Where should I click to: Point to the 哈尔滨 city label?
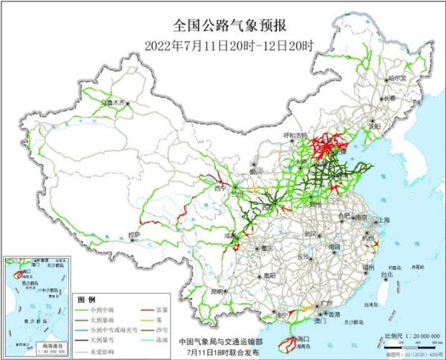396,77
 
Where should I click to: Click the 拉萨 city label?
135,235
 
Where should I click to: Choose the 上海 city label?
382,220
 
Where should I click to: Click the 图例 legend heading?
86,298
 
